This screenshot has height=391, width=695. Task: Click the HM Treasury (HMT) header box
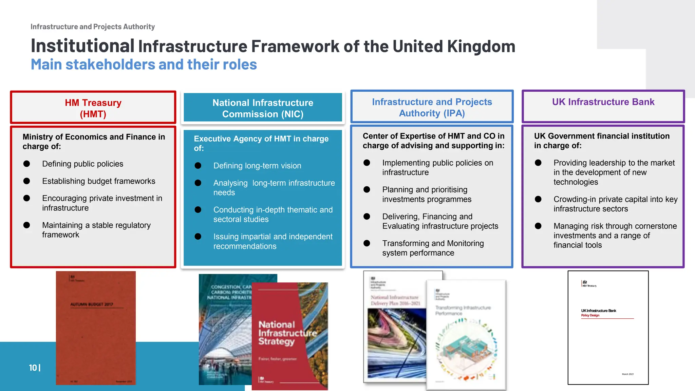93,108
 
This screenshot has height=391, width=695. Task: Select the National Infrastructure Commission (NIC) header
263,108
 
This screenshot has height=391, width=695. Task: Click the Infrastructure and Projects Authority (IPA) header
432,107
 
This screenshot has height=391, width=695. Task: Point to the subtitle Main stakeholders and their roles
144,64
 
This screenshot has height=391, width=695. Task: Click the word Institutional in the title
82,46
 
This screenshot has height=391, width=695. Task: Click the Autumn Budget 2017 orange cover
96,328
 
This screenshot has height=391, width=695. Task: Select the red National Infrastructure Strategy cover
289,336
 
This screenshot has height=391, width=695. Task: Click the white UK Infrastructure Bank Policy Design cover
608,328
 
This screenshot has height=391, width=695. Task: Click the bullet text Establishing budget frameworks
98,181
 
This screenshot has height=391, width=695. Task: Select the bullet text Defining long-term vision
257,166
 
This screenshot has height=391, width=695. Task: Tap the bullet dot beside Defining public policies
27,164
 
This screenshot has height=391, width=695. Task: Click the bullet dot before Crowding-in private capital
538,199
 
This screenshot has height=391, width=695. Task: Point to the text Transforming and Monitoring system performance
433,248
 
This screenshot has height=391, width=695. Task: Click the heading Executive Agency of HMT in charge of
261,143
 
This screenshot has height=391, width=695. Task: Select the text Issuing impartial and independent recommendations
273,241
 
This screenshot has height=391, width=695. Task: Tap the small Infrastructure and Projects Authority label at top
93,26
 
